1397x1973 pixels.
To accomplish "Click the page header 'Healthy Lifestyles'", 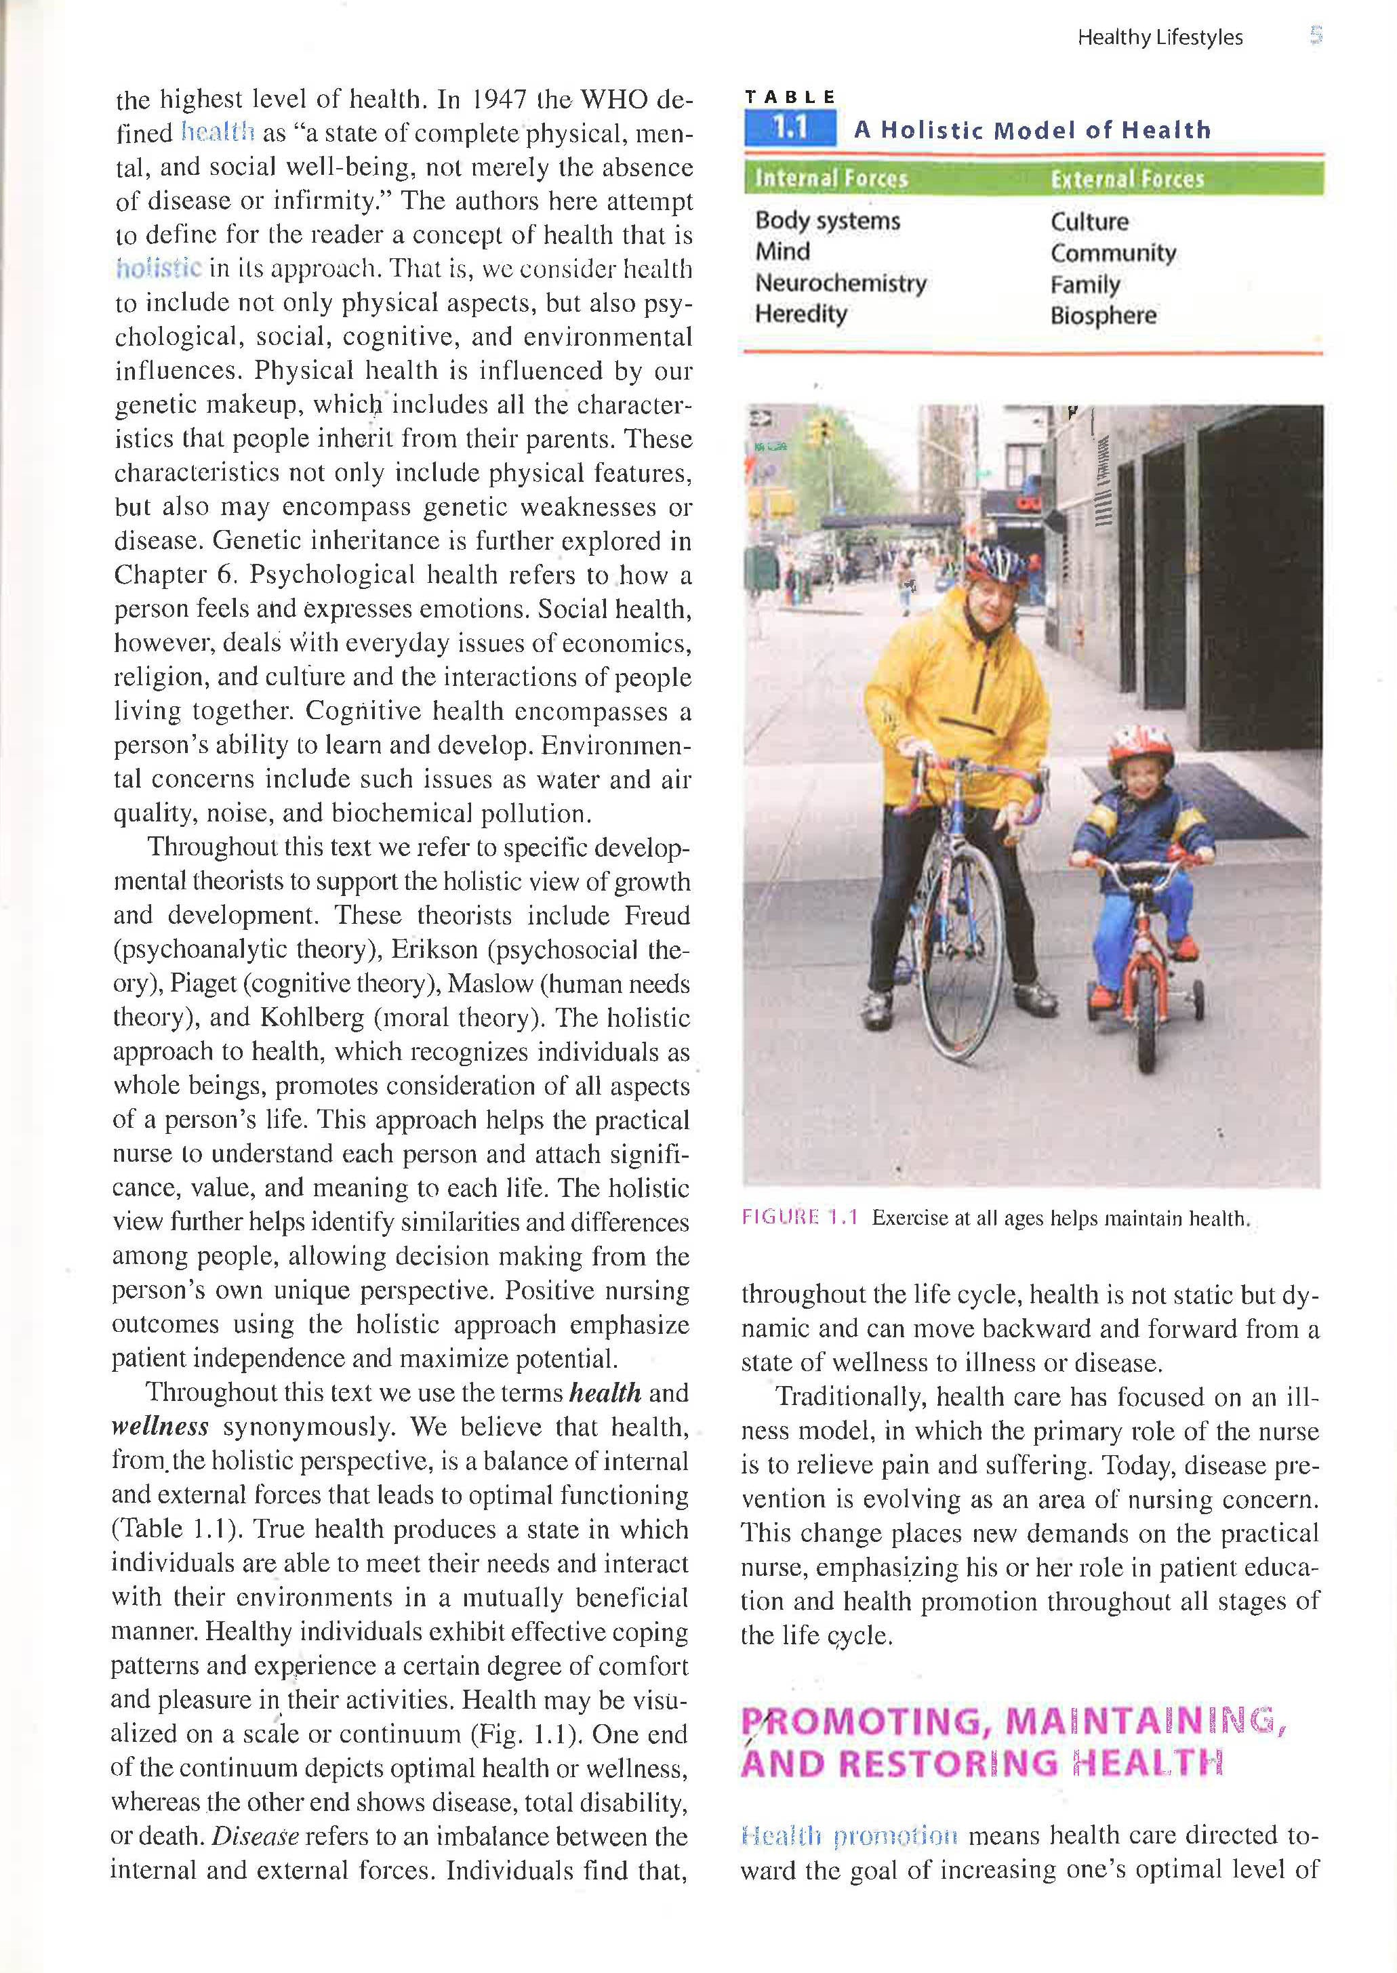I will coord(1160,37).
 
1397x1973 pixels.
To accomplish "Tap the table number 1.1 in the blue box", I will coord(790,129).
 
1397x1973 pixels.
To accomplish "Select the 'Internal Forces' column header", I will coord(831,178).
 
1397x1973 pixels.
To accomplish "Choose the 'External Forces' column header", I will coord(1127,178).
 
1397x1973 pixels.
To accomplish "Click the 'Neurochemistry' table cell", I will coord(841,283).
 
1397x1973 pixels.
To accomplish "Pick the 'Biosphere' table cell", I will coord(1103,316).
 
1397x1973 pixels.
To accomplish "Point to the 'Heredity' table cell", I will coord(801,314).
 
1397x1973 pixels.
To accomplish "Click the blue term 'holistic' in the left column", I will coord(159,269).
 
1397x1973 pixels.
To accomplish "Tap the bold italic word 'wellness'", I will coord(160,1427).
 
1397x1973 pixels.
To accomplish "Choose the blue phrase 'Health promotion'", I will coord(849,1836).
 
